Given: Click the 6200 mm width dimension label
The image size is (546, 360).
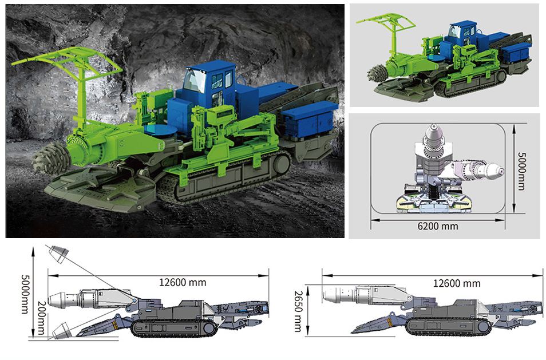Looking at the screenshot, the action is [438, 226].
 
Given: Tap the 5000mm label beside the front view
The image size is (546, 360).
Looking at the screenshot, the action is [521, 171].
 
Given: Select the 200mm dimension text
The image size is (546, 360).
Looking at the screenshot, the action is [41, 322].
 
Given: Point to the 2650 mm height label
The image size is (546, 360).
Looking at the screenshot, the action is [298, 311].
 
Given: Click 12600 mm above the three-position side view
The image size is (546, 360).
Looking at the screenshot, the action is [183, 282].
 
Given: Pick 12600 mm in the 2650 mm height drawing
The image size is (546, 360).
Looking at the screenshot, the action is [457, 283].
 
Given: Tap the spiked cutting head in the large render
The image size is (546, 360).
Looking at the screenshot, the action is [51, 157].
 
